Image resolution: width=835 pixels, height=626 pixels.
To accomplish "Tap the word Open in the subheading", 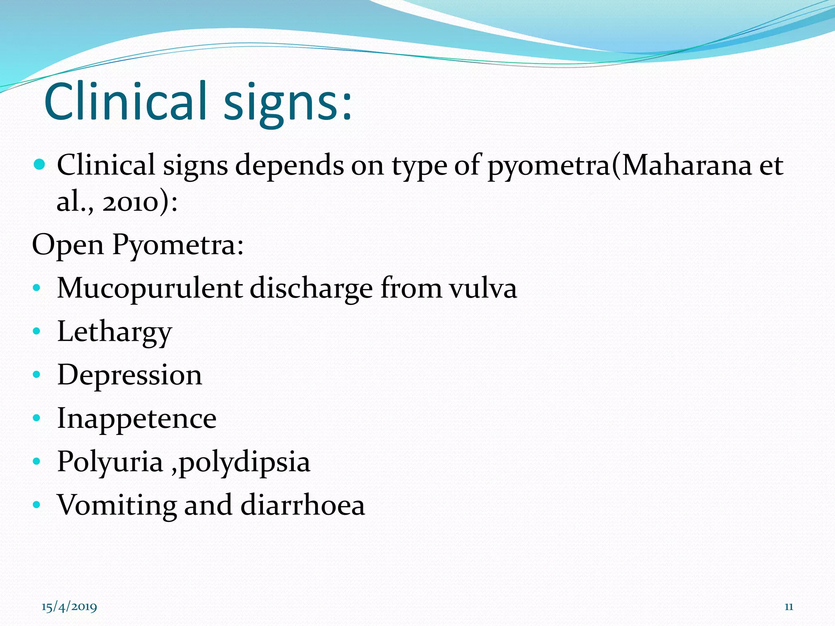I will pyautogui.click(x=68, y=245).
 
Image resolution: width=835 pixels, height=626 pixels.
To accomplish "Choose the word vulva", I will pyautogui.click(x=483, y=289).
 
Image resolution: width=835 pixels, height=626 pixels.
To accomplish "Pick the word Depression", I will pyautogui.click(x=130, y=375).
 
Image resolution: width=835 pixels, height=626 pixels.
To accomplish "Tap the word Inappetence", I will pyautogui.click(x=137, y=419).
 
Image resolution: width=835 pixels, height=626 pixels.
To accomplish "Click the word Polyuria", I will pyautogui.click(x=110, y=462).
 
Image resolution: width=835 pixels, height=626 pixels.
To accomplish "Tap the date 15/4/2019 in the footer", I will pyautogui.click(x=69, y=607).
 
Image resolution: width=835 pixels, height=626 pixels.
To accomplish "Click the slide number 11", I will pyautogui.click(x=789, y=607).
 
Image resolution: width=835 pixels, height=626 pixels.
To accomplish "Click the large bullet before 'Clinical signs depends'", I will pyautogui.click(x=39, y=165).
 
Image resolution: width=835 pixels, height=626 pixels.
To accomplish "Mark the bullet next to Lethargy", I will pyautogui.click(x=37, y=331).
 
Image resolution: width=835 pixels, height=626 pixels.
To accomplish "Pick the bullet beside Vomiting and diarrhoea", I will pyautogui.click(x=37, y=505).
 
